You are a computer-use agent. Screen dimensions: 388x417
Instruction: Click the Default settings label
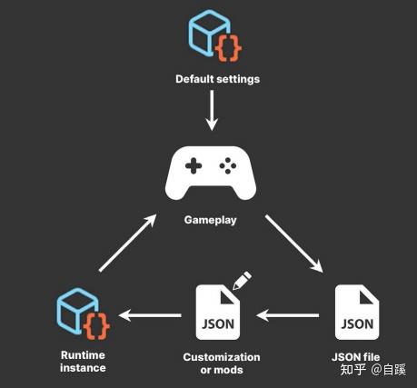217,79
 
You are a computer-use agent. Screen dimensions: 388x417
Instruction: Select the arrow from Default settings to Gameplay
211,111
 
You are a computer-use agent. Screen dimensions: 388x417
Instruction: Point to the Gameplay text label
211,220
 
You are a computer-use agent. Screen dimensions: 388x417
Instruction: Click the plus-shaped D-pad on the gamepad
192,167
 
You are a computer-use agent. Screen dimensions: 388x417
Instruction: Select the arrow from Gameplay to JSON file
293,242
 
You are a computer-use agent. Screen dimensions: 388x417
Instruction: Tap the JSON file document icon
355,312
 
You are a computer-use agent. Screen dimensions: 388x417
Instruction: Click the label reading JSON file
355,357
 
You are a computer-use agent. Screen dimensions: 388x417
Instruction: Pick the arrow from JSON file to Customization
289,315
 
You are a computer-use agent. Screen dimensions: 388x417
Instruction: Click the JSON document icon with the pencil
218,312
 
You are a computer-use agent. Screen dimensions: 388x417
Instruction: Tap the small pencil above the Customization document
241,280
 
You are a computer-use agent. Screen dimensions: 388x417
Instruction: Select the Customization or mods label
222,363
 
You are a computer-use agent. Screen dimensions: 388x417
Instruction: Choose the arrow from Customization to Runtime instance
150,316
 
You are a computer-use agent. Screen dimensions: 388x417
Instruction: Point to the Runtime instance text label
84,362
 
